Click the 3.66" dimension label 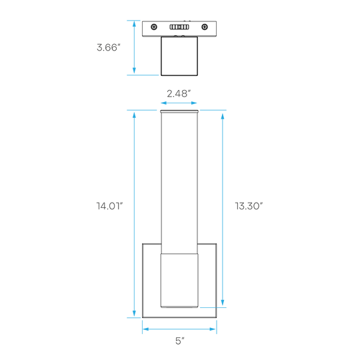tap(109, 47)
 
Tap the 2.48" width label tap(179, 93)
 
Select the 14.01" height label tap(109, 206)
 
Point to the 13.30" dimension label tap(249, 206)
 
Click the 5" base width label tap(180, 341)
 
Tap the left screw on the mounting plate tap(154, 27)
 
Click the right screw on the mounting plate tap(205, 27)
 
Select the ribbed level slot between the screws tap(179, 27)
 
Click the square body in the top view tap(179, 56)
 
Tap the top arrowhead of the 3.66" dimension tap(134, 24)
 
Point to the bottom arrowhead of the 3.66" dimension tap(134, 71)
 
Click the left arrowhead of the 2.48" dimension tap(164, 103)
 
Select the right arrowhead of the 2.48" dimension tap(194, 103)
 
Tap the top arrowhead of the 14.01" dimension tap(134, 115)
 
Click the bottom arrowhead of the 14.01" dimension tap(134, 313)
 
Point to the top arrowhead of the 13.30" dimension tap(223, 116)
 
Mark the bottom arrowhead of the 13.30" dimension tap(223, 303)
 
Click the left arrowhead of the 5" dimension tap(146, 329)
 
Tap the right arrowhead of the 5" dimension tap(213, 329)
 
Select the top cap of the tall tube tap(179, 111)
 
